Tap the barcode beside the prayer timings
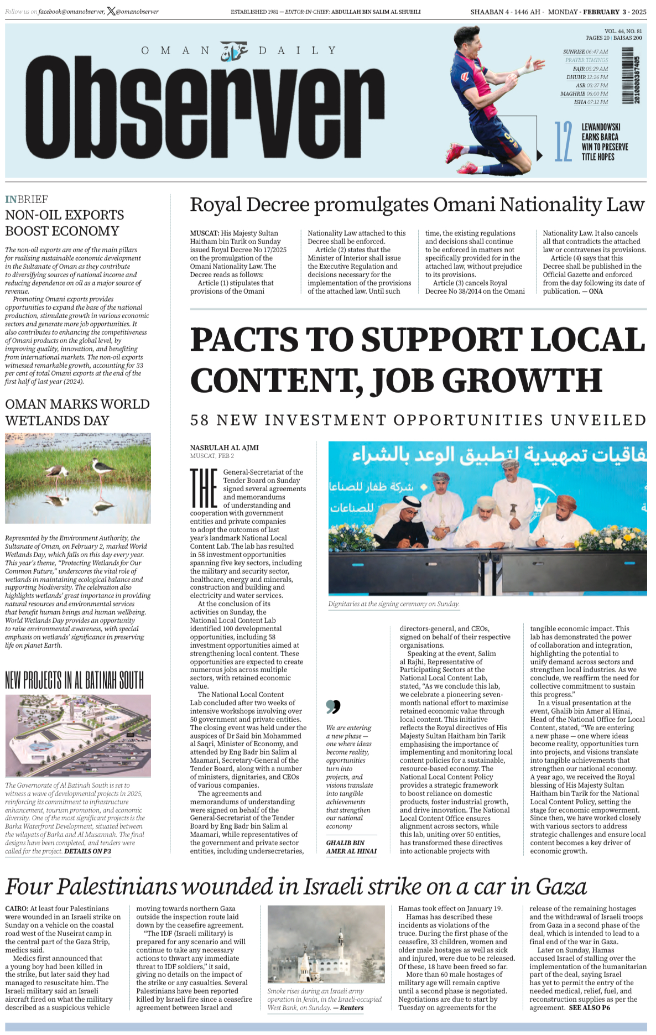tap(628, 75)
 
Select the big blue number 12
tap(563, 142)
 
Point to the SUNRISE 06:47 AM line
tap(585, 51)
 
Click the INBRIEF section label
tap(27, 199)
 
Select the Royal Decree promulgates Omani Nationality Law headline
tap(417, 205)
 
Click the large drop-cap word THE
tap(204, 488)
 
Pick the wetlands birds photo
tap(78, 478)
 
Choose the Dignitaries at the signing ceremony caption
tap(393, 604)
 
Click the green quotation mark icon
tap(333, 706)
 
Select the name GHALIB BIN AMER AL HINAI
tap(351, 847)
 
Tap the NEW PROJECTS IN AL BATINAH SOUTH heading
tap(75, 680)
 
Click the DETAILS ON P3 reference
tap(87, 851)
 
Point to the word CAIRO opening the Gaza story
tap(17, 908)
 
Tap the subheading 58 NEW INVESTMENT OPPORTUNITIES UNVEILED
tap(418, 420)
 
